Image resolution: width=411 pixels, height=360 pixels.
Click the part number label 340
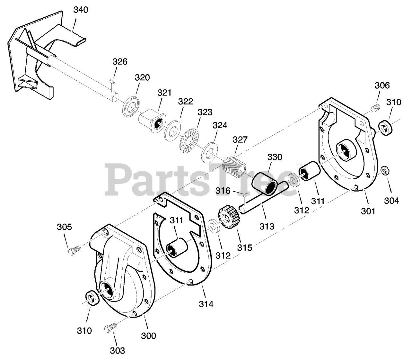click(x=80, y=10)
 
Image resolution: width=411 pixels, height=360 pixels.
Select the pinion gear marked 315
click(x=228, y=219)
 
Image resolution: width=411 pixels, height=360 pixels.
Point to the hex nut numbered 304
click(x=383, y=170)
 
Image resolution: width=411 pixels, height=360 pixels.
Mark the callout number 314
click(x=206, y=303)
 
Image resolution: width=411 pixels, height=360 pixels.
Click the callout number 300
click(x=148, y=336)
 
